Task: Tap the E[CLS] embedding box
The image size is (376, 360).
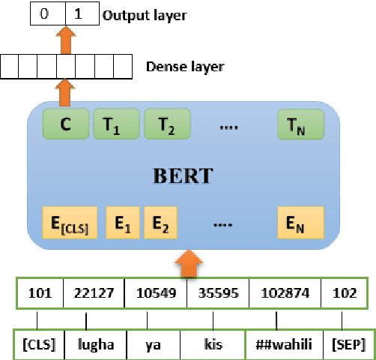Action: [x=66, y=223]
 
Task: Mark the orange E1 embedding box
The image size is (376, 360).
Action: [x=123, y=223]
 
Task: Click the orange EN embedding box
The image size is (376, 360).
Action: [x=301, y=223]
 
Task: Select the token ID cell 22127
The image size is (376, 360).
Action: [x=94, y=293]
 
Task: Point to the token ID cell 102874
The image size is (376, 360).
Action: [x=283, y=293]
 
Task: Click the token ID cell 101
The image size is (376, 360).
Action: [x=39, y=293]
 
